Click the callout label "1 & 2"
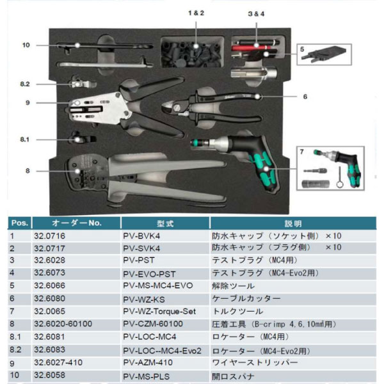click(196, 13)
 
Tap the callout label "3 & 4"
click(256, 13)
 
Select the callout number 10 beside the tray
click(26, 45)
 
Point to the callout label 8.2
click(25, 84)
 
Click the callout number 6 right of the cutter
click(305, 97)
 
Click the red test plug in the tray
click(252, 47)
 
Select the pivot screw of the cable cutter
click(179, 108)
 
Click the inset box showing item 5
click(324, 54)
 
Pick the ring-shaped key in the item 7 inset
click(339, 177)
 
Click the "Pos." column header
click(20, 223)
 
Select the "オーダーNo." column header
click(77, 223)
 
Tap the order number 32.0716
click(49, 236)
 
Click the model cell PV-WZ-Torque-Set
click(159, 312)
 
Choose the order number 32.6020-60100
click(63, 324)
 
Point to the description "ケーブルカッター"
click(246, 298)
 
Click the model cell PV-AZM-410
click(148, 362)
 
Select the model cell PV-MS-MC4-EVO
click(157, 285)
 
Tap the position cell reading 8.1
click(15, 337)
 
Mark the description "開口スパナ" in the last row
click(233, 376)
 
